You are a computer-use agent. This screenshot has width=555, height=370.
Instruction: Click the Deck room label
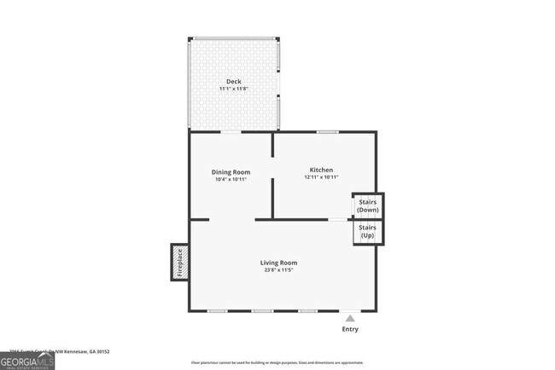[x=233, y=82]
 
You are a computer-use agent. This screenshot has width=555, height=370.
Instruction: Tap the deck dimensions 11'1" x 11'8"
[x=233, y=89]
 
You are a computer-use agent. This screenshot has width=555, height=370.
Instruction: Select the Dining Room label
[x=231, y=171]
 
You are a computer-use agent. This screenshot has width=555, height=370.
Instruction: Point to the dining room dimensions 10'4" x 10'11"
[x=231, y=179]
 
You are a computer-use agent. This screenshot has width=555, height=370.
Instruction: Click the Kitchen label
[x=321, y=170]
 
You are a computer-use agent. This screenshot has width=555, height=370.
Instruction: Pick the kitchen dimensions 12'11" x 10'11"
[x=321, y=177]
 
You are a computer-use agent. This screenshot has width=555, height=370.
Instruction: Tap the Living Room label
[x=278, y=263]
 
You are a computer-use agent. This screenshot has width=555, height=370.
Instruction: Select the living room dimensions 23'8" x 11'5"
[x=278, y=270]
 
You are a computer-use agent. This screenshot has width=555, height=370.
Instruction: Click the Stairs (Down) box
[x=368, y=205]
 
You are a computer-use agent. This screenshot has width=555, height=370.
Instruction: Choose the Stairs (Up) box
[x=368, y=232]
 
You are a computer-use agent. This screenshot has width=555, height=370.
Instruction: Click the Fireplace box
[x=179, y=263]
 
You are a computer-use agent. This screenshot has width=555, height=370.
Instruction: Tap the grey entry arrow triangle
[x=349, y=318]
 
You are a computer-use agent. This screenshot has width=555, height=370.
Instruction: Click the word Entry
[x=350, y=329]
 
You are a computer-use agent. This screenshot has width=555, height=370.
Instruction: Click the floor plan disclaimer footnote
[x=277, y=363]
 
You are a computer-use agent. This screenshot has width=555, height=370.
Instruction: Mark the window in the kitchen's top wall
[x=327, y=131]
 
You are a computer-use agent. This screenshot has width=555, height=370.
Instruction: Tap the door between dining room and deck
[x=231, y=131]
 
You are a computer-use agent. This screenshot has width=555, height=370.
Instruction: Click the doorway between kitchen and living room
[x=338, y=220]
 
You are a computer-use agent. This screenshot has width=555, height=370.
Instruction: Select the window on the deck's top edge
[x=233, y=38]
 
